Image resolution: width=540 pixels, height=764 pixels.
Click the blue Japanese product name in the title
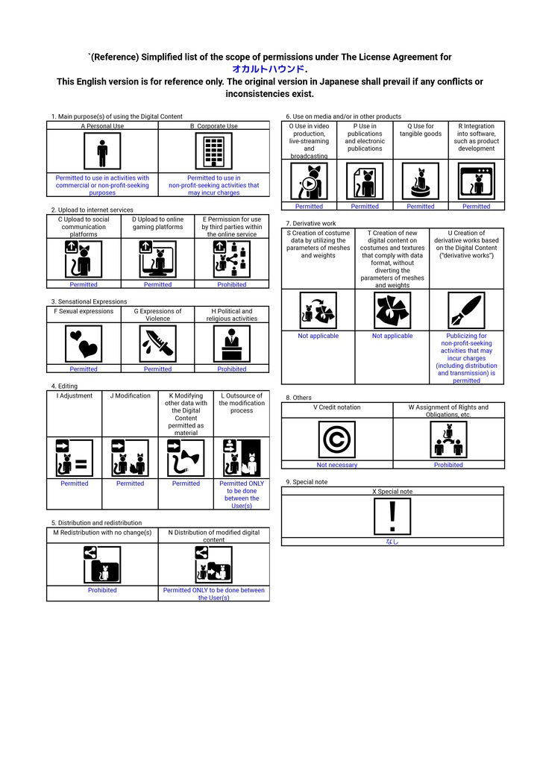269,69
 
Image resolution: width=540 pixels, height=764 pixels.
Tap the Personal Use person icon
102,151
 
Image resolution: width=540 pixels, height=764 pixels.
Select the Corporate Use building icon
214,151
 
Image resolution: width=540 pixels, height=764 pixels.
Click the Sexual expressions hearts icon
84,344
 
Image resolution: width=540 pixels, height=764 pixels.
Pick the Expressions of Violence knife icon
158,344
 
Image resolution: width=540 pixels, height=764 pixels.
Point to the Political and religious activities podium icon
232,344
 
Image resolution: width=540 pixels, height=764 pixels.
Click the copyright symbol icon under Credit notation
337,439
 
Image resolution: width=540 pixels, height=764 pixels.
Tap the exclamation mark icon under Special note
392,516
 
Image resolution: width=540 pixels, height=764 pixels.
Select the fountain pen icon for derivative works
466,310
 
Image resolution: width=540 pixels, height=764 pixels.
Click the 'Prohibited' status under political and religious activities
232,369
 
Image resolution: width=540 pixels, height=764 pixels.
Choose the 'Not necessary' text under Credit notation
337,466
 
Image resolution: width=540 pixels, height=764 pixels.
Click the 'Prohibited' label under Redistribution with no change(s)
102,591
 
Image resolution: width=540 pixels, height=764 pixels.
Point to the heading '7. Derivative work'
311,224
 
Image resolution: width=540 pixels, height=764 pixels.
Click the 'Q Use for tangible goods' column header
421,130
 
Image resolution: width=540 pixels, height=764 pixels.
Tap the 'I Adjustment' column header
75,396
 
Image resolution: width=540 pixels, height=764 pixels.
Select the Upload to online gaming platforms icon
158,259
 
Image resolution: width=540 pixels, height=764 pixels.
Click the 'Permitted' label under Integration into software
476,207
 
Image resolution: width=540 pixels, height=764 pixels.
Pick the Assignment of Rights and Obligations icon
448,439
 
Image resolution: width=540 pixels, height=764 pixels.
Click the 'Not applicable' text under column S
318,336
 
